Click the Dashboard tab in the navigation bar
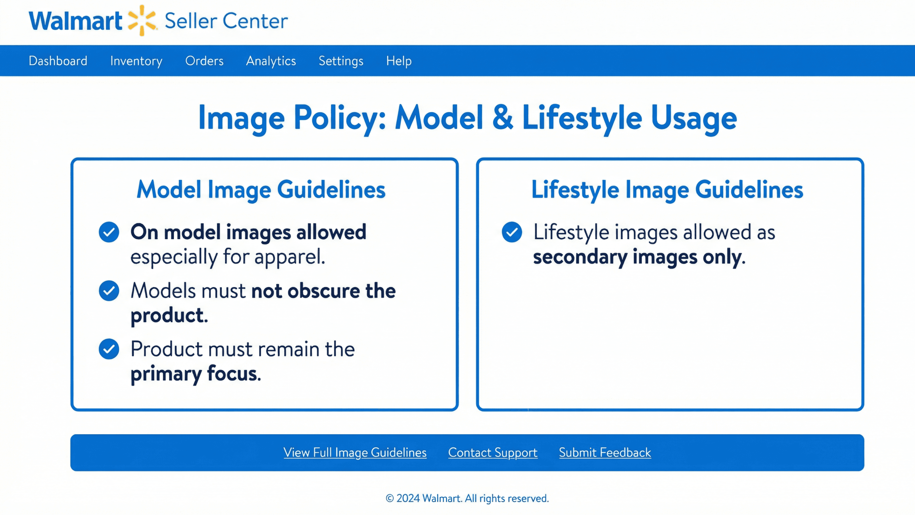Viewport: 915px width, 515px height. click(x=58, y=61)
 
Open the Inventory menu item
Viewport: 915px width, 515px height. click(x=136, y=61)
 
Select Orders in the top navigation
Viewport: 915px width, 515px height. click(x=204, y=61)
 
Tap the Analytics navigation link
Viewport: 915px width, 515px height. click(x=271, y=61)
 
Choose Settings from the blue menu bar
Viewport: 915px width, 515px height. click(x=341, y=61)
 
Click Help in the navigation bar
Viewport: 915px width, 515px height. click(x=399, y=61)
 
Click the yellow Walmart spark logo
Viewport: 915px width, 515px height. click(x=142, y=20)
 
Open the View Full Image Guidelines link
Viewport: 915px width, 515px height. click(x=355, y=453)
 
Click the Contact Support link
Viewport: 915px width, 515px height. click(x=493, y=453)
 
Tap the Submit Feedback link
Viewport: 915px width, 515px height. click(x=605, y=453)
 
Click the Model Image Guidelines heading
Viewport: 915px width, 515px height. click(x=261, y=190)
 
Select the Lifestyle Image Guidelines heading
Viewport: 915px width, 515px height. click(x=667, y=190)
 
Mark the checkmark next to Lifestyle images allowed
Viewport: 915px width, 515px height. click(x=512, y=232)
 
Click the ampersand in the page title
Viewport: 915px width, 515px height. click(x=503, y=118)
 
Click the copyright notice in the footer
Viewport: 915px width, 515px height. click(x=467, y=498)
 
